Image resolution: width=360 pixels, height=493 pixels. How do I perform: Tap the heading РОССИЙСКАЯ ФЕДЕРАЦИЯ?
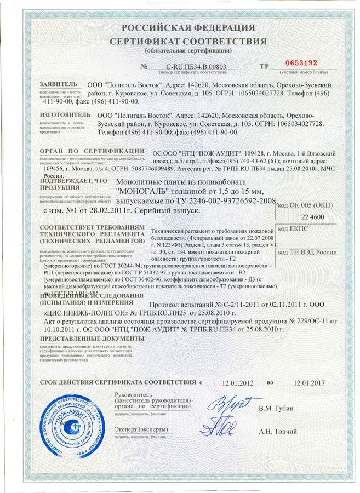188,28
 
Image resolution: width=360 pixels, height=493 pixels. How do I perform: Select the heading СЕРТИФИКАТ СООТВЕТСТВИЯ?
188,41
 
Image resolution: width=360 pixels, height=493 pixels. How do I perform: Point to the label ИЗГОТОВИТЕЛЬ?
61,116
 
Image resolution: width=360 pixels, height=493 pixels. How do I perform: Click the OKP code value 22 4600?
312,217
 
